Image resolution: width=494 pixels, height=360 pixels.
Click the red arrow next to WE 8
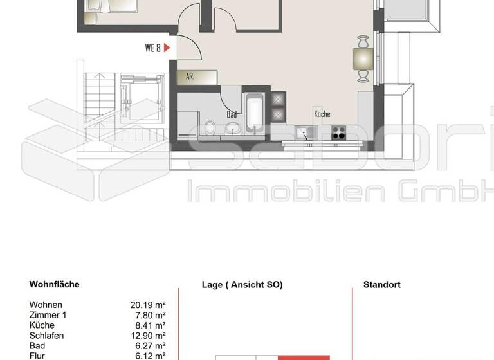coord(167,48)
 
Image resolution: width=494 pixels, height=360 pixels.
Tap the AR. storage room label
coord(190,76)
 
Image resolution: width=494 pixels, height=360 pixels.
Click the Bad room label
coord(232,114)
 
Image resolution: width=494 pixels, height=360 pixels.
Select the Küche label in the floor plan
coord(322,114)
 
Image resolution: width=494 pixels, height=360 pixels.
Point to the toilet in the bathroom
coord(210,127)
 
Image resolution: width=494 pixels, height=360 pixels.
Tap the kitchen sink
coord(304,133)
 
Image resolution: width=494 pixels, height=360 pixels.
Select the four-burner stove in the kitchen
coord(339,133)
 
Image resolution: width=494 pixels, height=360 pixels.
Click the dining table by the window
coord(363,59)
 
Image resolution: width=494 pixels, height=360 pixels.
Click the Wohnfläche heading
coord(55,284)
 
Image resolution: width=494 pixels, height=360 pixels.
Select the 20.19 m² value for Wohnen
coord(148,305)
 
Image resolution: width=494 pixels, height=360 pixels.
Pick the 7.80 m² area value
coord(150,315)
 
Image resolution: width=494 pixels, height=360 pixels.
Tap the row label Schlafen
coord(47,336)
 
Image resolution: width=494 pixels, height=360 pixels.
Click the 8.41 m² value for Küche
coord(150,325)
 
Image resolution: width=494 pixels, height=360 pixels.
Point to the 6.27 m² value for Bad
coord(150,346)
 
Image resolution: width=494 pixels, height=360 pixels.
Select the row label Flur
coord(37,355)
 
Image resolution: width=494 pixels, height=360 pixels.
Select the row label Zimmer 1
coord(48,315)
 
